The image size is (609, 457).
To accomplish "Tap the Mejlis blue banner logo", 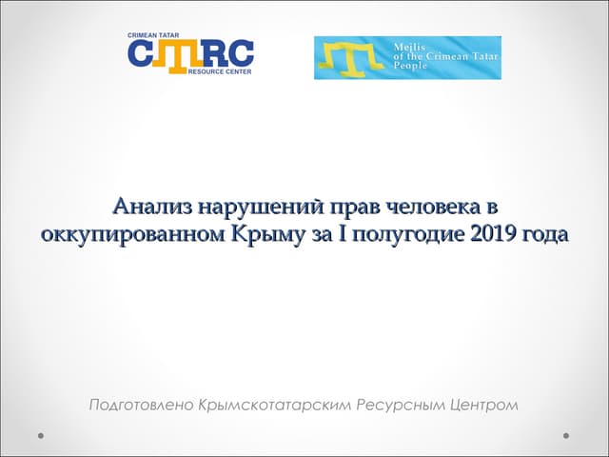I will point(407,57).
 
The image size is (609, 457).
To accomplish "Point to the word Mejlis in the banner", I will point(409,45).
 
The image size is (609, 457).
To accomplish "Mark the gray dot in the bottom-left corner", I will point(42,435).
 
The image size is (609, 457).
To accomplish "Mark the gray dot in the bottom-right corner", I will point(566,435).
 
